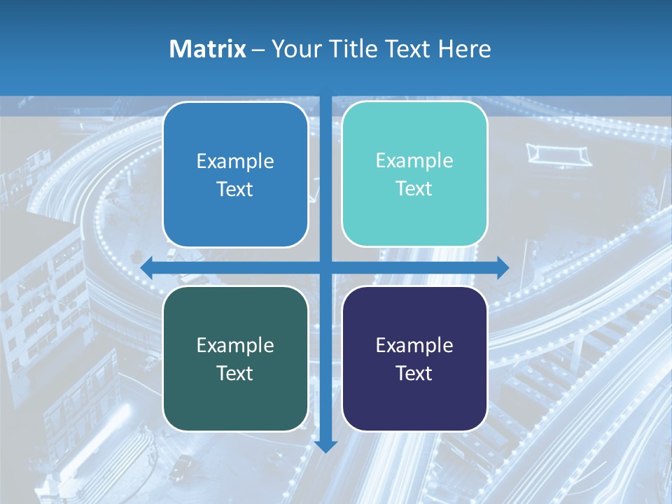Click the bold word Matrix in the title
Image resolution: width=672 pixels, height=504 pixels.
[208, 49]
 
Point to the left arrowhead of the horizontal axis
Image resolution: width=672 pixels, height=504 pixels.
[147, 267]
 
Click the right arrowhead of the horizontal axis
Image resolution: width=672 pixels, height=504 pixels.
[503, 267]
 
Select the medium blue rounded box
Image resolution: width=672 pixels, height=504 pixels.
[235, 175]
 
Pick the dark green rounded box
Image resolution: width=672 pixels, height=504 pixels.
[235, 358]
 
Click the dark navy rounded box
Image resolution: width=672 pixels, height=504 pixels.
[414, 358]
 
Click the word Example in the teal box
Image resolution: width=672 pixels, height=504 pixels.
[414, 161]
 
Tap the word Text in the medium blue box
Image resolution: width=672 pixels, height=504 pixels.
[235, 190]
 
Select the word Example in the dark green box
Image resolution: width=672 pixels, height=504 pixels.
[235, 345]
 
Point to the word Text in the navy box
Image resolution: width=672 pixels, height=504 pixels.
[414, 373]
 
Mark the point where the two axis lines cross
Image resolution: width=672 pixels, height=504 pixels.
[326, 267]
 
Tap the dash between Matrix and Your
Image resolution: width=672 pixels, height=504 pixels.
[258, 50]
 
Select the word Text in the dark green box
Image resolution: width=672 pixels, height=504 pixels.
[235, 373]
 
